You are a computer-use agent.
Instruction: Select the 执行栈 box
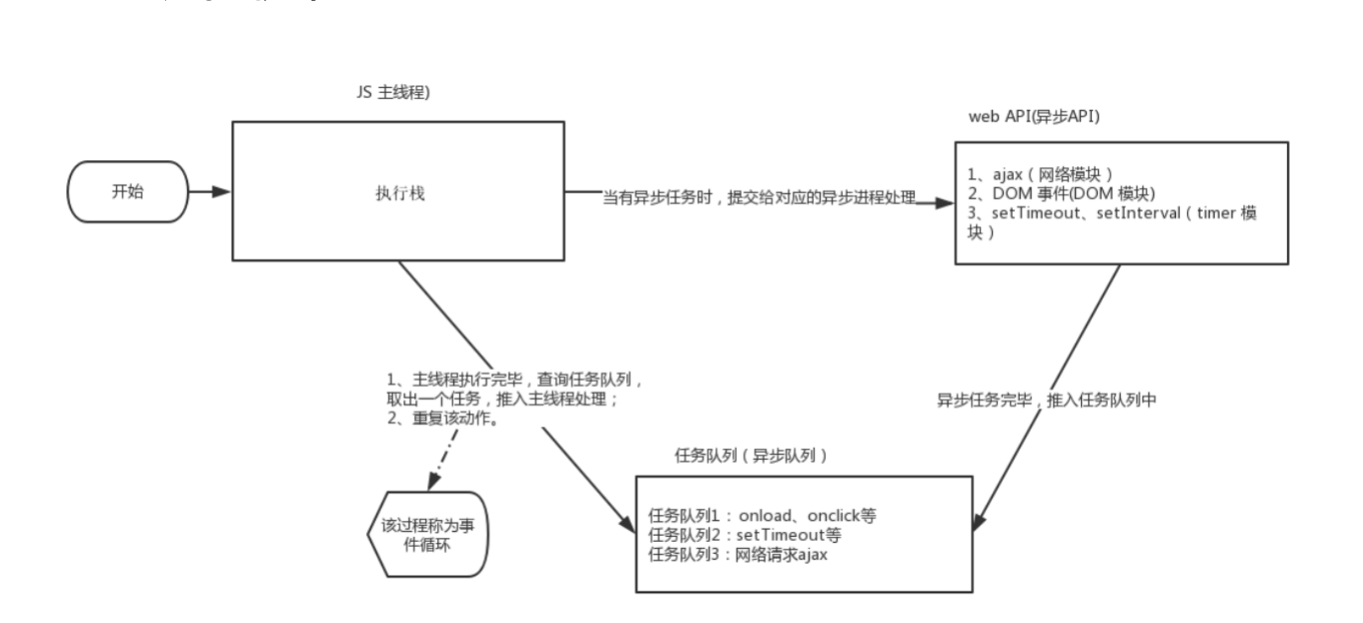[398, 192]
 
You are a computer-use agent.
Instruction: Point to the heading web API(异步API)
[1036, 117]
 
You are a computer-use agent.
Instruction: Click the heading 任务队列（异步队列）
[749, 455]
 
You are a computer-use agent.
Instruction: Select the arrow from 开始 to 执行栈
[209, 192]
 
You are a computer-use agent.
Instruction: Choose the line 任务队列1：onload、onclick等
[762, 515]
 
